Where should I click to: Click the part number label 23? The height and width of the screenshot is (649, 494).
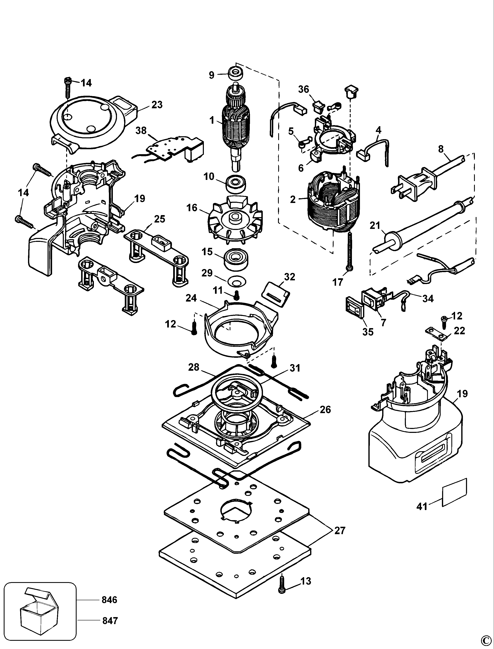click(157, 105)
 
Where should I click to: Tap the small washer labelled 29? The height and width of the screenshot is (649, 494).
click(236, 281)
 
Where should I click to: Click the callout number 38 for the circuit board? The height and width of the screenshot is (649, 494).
click(141, 131)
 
